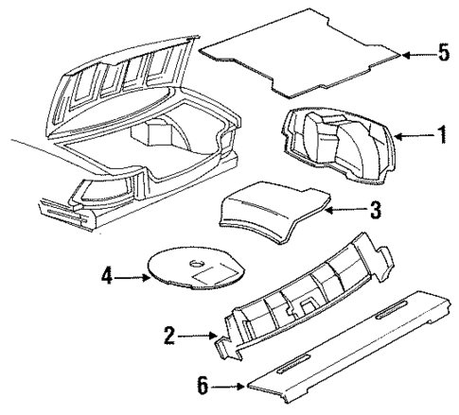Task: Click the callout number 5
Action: point(442,54)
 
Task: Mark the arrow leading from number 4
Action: point(132,278)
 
